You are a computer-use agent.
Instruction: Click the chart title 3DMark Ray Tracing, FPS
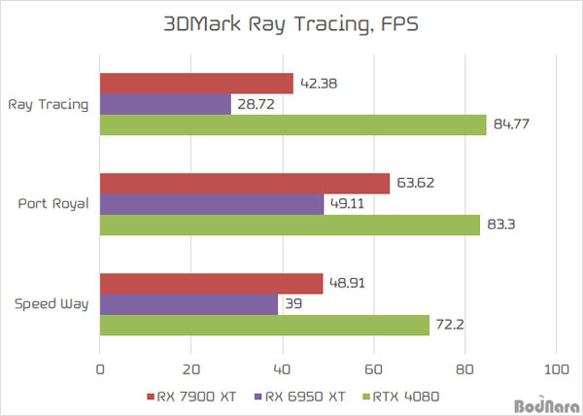pos(291,24)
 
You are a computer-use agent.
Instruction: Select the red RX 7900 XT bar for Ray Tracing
pos(196,84)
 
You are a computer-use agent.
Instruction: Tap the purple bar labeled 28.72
pos(165,104)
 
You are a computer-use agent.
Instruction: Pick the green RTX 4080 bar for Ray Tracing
pos(293,124)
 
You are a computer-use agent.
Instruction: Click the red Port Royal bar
pos(245,184)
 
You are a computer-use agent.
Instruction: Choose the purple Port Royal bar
pos(212,204)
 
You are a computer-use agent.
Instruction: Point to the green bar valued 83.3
pos(290,225)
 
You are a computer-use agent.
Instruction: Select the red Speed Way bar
pos(211,284)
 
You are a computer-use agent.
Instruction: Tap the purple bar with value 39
pos(189,304)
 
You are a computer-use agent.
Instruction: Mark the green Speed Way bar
pos(264,326)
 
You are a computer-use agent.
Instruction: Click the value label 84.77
pos(511,124)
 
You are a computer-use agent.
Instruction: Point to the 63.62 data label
pos(415,183)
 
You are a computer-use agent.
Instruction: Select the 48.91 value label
pos(347,283)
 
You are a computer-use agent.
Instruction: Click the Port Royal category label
pos(53,204)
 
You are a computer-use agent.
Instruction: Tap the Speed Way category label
pos(51,304)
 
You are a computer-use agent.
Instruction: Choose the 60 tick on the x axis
pos(374,369)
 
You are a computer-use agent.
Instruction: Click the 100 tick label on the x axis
pos(556,369)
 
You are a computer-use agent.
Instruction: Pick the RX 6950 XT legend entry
pos(300,397)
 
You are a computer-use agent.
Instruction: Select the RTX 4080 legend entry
pos(401,397)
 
